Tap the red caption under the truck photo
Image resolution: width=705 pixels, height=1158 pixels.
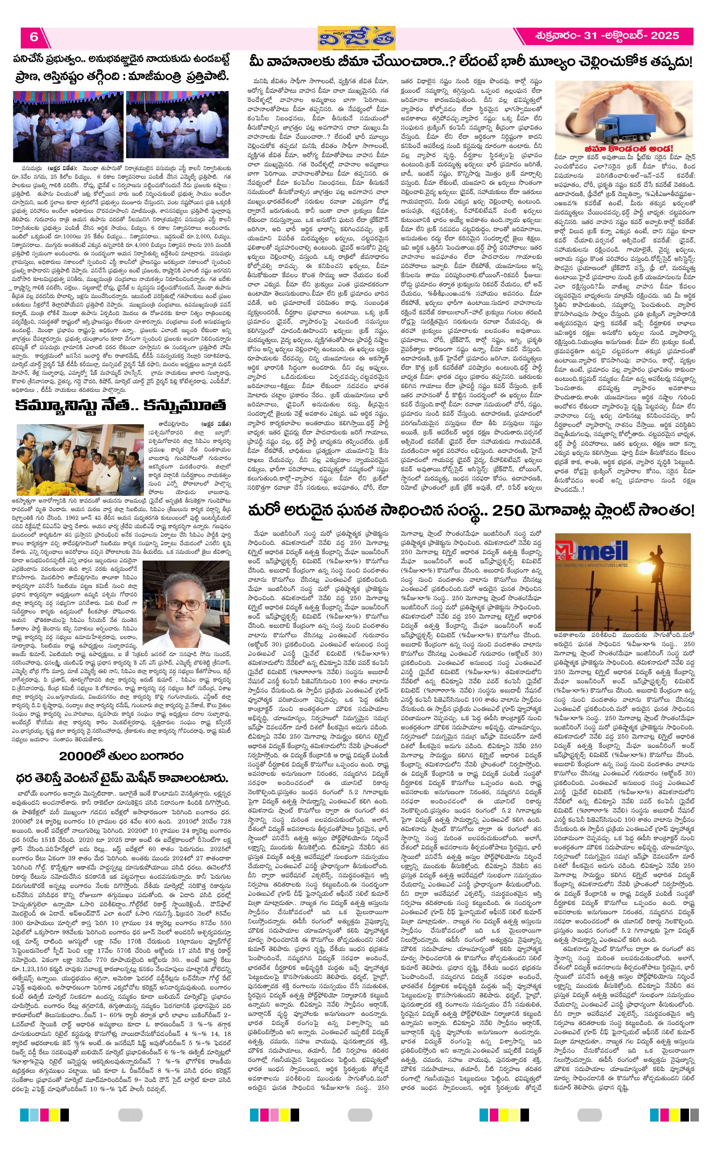624,149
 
